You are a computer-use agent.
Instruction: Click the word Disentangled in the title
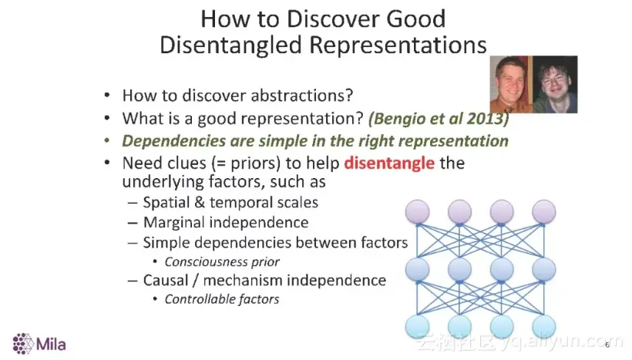tap(231, 45)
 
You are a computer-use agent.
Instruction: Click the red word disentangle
tap(389, 163)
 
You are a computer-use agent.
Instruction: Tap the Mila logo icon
tap(23, 344)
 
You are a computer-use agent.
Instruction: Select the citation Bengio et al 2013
tap(438, 119)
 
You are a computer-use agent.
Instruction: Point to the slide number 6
tap(607, 345)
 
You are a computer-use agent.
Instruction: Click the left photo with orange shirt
tap(511, 84)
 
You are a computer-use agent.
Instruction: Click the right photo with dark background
tap(556, 84)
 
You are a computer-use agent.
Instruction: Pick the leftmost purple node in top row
tap(417, 212)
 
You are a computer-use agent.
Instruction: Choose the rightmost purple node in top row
tap(543, 212)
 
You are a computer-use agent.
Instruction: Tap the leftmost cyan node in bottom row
tap(417, 327)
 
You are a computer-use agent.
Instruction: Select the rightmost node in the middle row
tap(543, 269)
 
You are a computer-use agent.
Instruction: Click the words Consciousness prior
tap(222, 262)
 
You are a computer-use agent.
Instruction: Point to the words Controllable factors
tap(222, 299)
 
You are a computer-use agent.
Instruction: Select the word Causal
tap(166, 280)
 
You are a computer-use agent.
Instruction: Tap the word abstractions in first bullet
tap(302, 96)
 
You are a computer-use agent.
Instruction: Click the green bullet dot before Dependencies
tap(107, 141)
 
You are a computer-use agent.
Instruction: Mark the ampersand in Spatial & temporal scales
tap(200, 203)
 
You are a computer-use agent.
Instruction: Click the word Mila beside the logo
tap(51, 345)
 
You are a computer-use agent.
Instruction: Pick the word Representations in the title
tap(398, 45)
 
